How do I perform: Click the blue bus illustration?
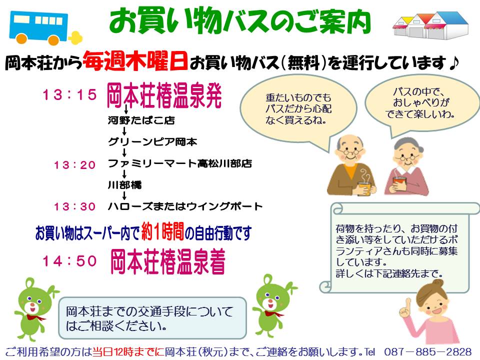(45, 28)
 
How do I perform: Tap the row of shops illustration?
(430, 25)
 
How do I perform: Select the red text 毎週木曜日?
(135, 61)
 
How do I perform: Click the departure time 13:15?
(69, 94)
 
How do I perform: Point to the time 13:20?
(74, 165)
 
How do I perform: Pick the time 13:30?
(74, 206)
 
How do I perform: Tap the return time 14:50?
(69, 261)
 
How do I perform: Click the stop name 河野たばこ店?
(141, 120)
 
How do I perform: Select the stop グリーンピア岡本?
(152, 141)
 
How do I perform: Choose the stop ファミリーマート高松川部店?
(180, 163)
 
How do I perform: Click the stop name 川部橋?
(124, 185)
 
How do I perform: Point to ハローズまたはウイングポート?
(185, 206)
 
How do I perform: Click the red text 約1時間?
(162, 231)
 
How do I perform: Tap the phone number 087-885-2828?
(427, 351)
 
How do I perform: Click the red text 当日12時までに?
(128, 351)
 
